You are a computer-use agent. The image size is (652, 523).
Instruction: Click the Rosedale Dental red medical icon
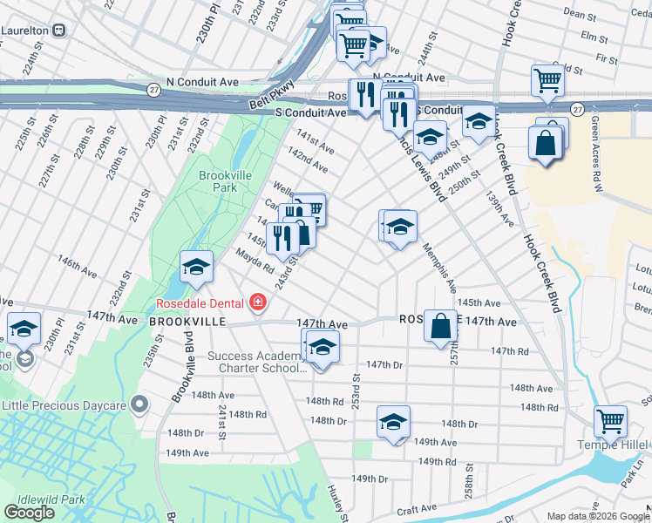click(257, 303)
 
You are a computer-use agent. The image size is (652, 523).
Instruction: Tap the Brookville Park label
click(225, 181)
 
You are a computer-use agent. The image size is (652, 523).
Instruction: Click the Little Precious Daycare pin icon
click(138, 404)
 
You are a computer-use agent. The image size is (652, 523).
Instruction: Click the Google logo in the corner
click(29, 513)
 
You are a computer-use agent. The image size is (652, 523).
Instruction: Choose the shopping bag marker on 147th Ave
click(440, 326)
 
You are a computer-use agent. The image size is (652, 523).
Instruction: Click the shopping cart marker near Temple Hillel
click(610, 421)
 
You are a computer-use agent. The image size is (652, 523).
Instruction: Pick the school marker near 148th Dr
click(393, 423)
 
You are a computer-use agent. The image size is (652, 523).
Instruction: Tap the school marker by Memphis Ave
click(400, 228)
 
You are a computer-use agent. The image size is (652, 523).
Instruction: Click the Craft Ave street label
click(417, 508)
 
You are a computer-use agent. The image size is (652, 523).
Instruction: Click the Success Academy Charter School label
click(255, 362)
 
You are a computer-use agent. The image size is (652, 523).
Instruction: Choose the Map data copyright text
click(598, 516)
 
